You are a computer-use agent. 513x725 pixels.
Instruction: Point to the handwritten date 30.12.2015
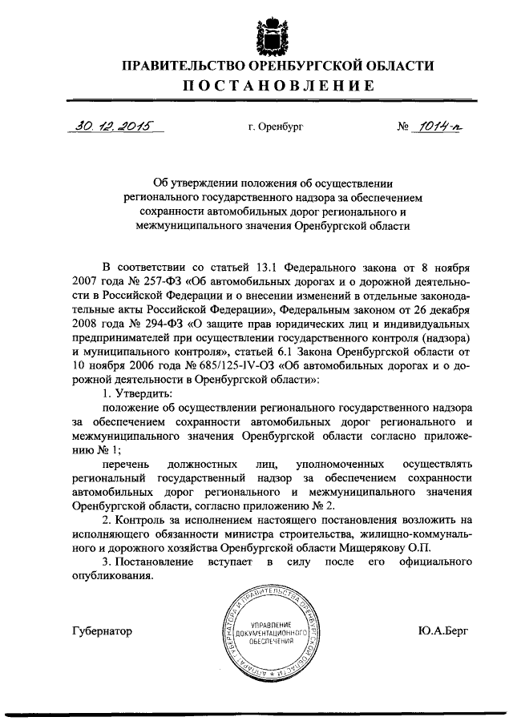(111, 126)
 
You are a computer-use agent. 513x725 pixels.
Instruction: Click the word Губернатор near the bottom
(102, 630)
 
